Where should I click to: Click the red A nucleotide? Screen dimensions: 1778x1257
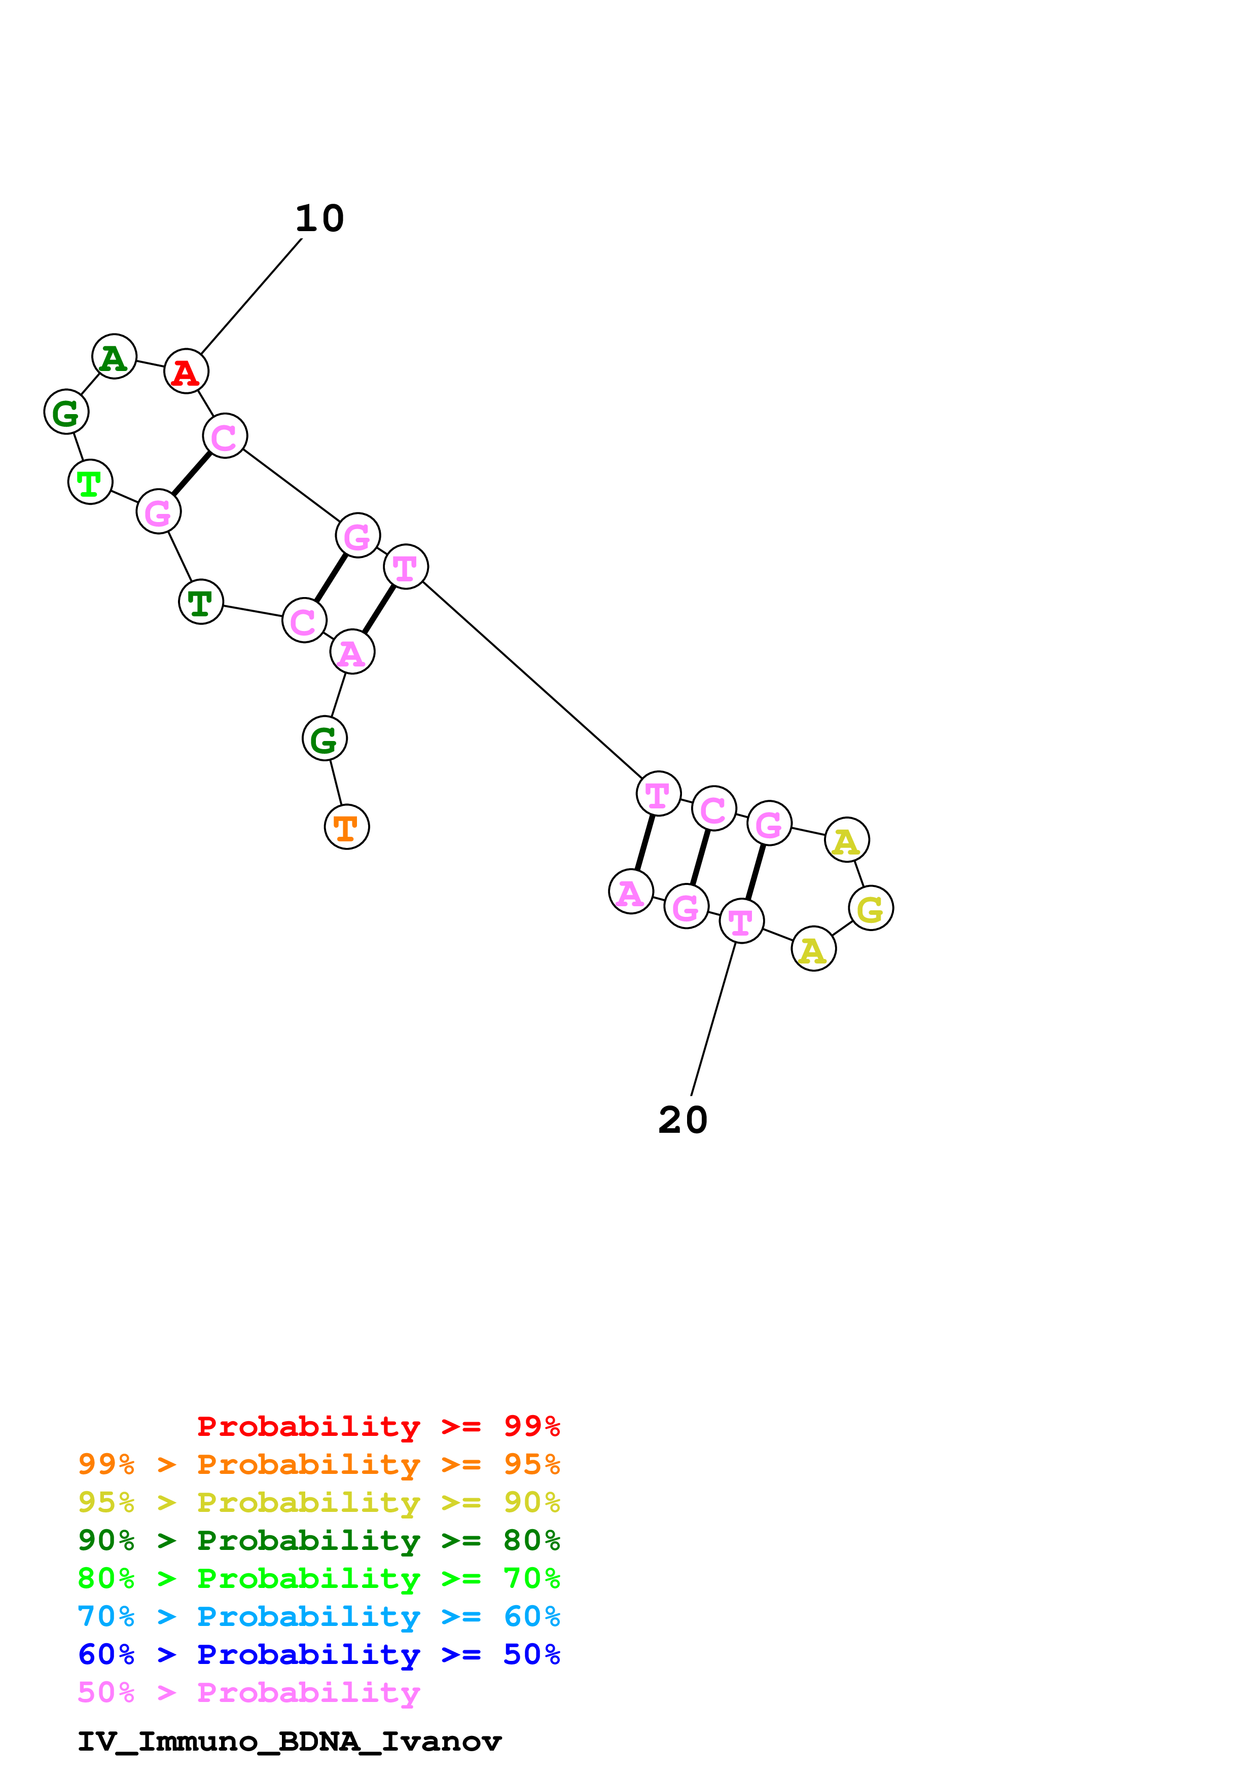pyautogui.click(x=187, y=372)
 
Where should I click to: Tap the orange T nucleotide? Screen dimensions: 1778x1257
pyautogui.click(x=346, y=827)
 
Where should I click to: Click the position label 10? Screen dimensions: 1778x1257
pyautogui.click(x=319, y=218)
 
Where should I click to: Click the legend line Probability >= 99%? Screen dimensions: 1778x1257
pyautogui.click(x=378, y=1426)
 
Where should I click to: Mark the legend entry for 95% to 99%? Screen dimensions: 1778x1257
pyautogui.click(x=319, y=1464)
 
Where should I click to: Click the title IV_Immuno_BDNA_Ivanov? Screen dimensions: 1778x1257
pyautogui.click(x=290, y=1742)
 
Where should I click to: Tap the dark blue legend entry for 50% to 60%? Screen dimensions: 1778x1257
pyautogui.click(x=319, y=1654)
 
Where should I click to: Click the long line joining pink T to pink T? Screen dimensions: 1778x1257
pyautogui.click(x=532, y=680)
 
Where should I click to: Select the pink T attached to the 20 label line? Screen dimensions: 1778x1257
pyautogui.click(x=741, y=921)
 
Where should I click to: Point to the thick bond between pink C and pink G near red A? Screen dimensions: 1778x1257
pyautogui.click(x=191, y=474)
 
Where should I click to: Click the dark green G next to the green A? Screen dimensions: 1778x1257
pyautogui.click(x=66, y=412)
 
